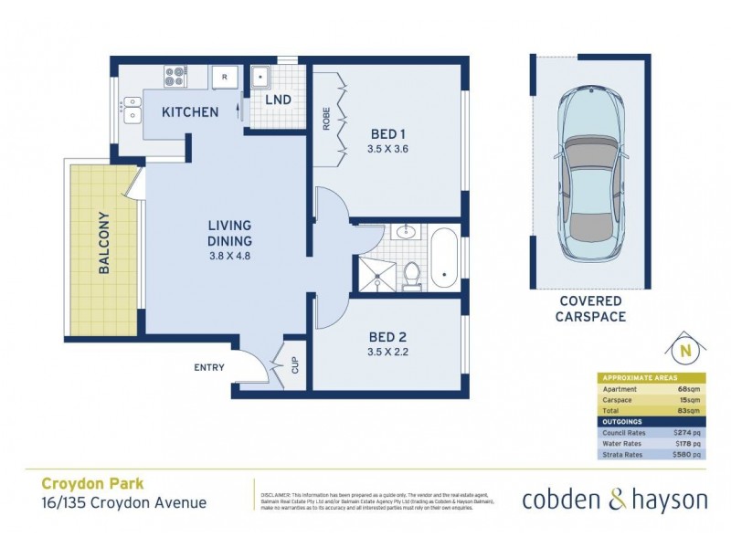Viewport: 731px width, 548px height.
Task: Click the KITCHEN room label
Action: point(190,112)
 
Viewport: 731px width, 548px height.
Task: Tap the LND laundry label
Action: point(279,100)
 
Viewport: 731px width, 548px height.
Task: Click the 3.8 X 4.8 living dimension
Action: point(229,256)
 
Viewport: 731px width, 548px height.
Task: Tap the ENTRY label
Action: point(209,367)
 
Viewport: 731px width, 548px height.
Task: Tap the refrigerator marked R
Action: point(224,79)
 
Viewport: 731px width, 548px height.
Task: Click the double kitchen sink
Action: point(132,115)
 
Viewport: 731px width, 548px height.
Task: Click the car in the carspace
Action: point(590,174)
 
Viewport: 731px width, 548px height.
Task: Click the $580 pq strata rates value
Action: point(686,454)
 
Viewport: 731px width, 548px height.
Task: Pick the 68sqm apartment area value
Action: point(688,390)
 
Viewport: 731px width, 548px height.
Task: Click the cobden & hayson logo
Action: point(614,500)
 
